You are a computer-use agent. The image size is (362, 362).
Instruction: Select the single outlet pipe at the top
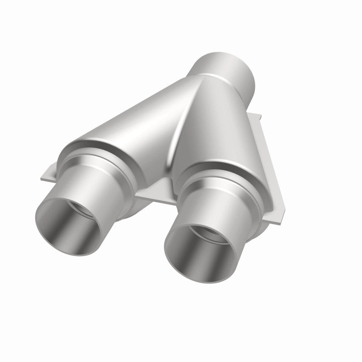[x=224, y=68]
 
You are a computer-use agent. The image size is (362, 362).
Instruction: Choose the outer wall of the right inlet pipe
[x=226, y=204]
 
